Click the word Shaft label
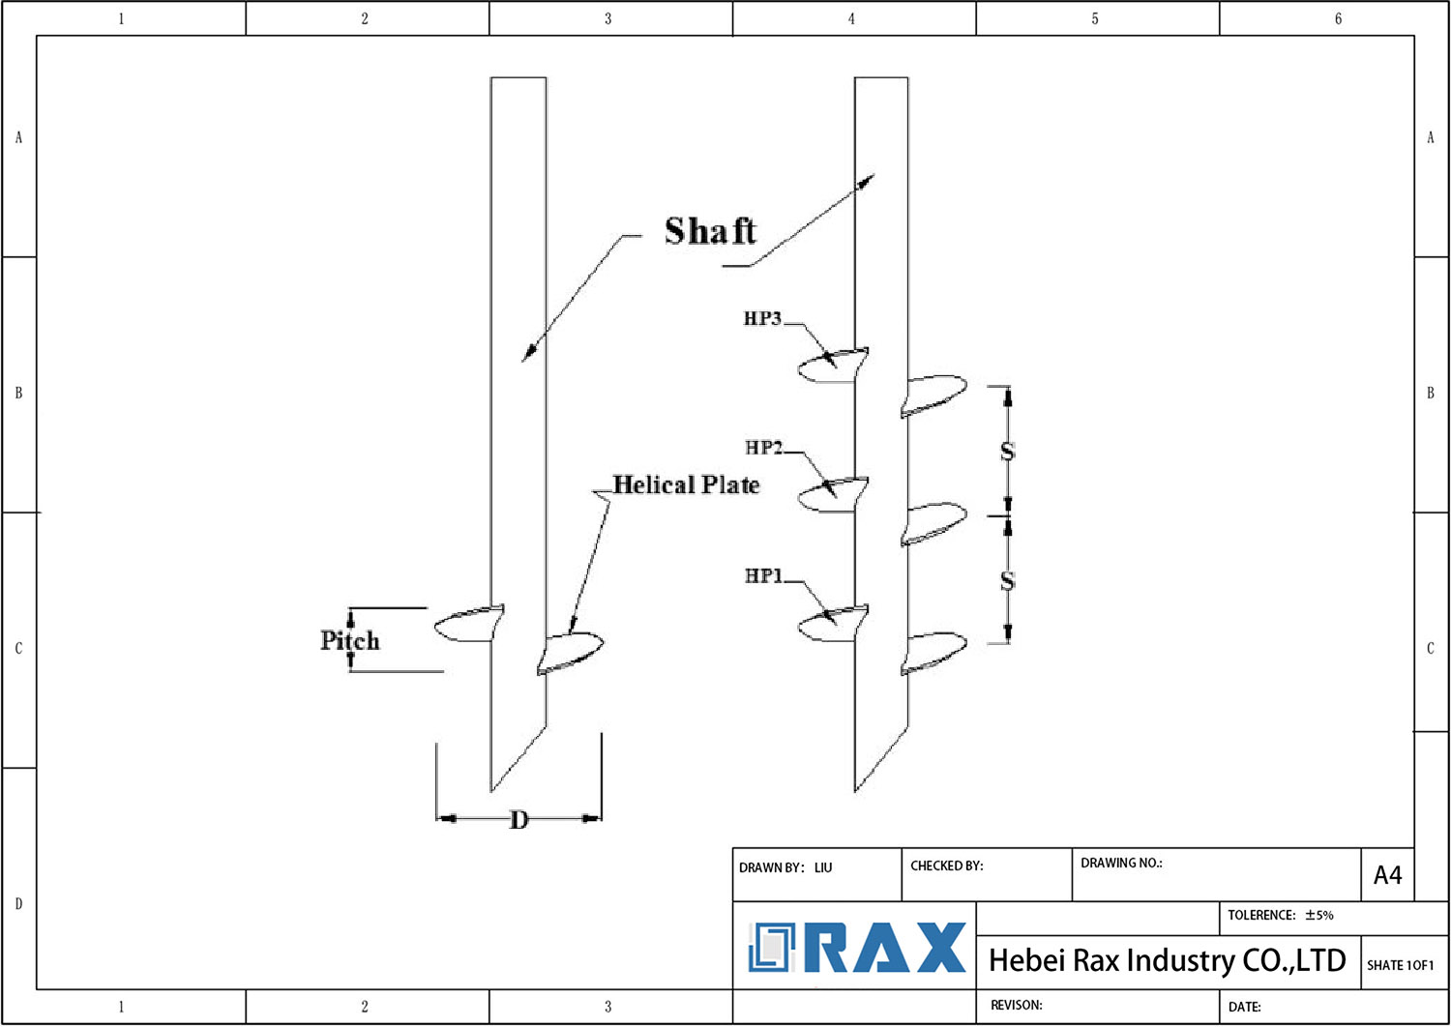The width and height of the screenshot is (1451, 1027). pos(710,231)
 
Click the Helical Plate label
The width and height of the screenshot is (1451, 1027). pos(686,484)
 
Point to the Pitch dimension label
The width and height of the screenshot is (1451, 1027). pos(350,640)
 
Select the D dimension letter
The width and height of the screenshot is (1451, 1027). pos(519,820)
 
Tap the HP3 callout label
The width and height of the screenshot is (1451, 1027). pos(762,318)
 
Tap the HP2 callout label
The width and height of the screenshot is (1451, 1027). pos(763,448)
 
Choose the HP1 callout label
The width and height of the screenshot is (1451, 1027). pos(763,575)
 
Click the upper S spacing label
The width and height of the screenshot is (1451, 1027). pos(1007,452)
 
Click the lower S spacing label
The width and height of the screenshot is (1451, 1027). pos(1007,580)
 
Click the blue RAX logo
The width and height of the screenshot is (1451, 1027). pos(857,947)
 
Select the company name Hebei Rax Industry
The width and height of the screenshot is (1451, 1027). pos(1167,960)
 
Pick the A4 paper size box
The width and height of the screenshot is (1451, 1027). pos(1387,875)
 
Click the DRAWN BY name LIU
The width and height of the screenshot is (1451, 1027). pos(823,867)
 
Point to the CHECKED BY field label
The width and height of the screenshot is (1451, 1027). pos(946,866)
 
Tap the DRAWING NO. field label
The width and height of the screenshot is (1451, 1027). pos(1121,863)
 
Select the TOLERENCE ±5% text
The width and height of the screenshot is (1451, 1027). pos(1280,915)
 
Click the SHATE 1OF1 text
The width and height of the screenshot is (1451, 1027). pos(1400,965)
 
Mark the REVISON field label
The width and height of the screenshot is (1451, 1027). pos(1016,1005)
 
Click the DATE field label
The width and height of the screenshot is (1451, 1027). pos(1244,1007)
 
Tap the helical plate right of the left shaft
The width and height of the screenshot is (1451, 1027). pos(571,652)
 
